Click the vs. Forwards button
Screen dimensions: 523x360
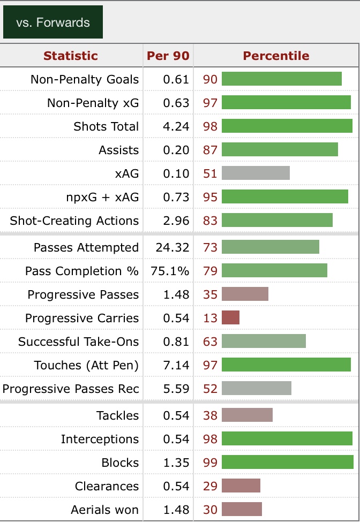pos(52,22)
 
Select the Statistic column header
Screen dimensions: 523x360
pos(71,56)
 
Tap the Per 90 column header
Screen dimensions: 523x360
pos(168,56)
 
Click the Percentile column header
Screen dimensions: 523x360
pos(276,56)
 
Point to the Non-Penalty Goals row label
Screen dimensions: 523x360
pos(85,80)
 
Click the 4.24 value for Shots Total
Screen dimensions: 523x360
pos(176,127)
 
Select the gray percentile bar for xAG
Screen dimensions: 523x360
pos(256,173)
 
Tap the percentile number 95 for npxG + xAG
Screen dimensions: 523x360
pos(211,198)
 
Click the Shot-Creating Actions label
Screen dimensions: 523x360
pos(74,221)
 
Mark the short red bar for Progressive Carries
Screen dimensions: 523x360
pos(230,318)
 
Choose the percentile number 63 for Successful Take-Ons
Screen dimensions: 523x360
pos(211,342)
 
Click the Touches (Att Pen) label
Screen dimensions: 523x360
pos(86,366)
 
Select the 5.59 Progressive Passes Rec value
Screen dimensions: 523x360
pos(176,389)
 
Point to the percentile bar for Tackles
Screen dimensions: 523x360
pos(247,415)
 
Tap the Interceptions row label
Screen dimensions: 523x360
pos(100,439)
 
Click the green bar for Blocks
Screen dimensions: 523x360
pos(288,463)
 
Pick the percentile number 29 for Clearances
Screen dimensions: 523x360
pos(211,487)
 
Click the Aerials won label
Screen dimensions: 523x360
pos(104,510)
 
